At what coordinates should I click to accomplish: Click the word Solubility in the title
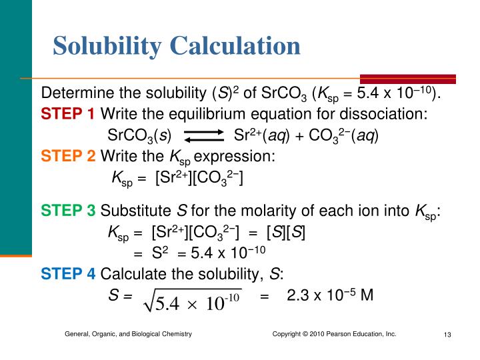coord(107,46)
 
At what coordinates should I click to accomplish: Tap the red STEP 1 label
coord(68,114)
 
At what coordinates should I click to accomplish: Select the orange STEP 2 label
coord(68,157)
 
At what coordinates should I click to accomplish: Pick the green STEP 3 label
coord(68,212)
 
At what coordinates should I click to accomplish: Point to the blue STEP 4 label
coord(68,273)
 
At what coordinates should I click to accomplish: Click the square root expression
coord(193,302)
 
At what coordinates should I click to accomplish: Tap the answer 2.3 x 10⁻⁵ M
coord(329,295)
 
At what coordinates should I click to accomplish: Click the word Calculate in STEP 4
coord(131,273)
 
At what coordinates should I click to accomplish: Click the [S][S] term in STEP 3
coord(286,233)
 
